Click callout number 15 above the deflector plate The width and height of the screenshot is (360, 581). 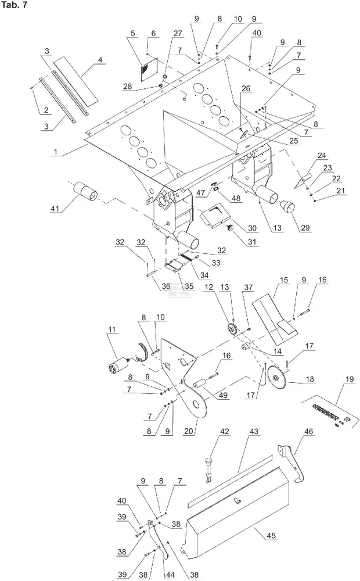pyautogui.click(x=284, y=279)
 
